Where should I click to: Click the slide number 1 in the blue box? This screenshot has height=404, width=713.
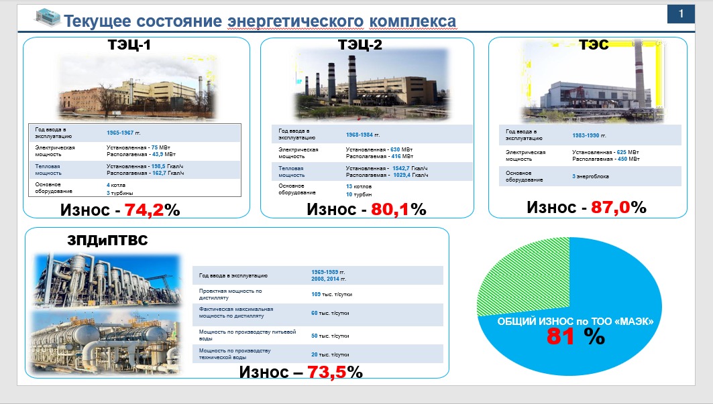point(681,14)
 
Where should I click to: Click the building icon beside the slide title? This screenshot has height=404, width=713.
point(48,17)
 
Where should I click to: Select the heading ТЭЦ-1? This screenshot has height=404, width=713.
point(129,44)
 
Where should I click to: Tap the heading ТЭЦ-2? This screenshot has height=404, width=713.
point(360,44)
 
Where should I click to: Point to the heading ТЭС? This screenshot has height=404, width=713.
point(594,44)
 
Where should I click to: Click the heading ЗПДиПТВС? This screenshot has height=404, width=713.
point(108,240)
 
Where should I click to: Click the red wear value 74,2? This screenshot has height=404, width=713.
point(144,210)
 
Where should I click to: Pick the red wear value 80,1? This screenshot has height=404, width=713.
point(390,209)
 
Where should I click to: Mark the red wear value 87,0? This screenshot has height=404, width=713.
point(610,207)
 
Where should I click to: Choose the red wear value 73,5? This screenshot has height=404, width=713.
point(327,373)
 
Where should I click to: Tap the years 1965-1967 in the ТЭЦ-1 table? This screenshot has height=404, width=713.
point(120,133)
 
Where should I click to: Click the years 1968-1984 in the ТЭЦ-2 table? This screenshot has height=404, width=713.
point(360,135)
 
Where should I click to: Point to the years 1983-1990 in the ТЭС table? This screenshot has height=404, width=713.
point(586,135)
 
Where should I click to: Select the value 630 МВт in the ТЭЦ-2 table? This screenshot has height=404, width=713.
point(402,149)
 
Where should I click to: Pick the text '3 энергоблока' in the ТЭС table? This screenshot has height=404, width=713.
point(590,176)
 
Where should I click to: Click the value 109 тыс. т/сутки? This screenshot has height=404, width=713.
point(331,295)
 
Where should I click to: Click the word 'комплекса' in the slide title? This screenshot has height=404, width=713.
point(413,21)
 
